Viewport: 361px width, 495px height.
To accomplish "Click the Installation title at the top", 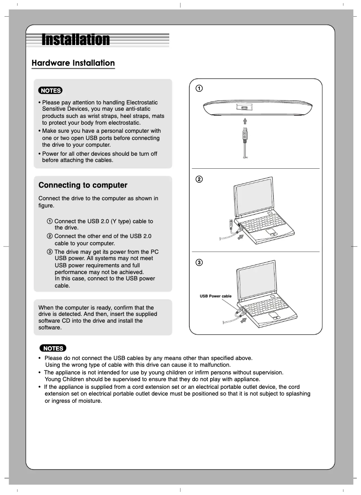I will tap(76, 40).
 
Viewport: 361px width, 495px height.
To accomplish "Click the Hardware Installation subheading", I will tap(73, 63).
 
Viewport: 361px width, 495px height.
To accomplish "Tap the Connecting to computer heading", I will tap(83, 185).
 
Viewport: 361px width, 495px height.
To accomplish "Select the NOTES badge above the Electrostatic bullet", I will tap(50, 90).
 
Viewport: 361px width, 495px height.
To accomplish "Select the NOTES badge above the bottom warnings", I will tap(53, 348).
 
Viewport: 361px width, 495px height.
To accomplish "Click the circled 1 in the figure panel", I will tap(199, 88).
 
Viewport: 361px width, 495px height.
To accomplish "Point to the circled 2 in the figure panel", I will tap(199, 179).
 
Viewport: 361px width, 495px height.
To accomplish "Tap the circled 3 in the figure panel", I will tap(199, 262).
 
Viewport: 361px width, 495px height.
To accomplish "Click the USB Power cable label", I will tap(216, 296).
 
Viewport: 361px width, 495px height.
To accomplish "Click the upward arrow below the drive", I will tap(244, 121).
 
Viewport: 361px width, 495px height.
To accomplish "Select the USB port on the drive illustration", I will tap(244, 108).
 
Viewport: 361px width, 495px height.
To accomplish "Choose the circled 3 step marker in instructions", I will tap(50, 252).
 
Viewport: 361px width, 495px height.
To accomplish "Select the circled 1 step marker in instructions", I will tap(50, 221).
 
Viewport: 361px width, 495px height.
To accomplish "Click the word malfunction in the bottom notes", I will tap(214, 365).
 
